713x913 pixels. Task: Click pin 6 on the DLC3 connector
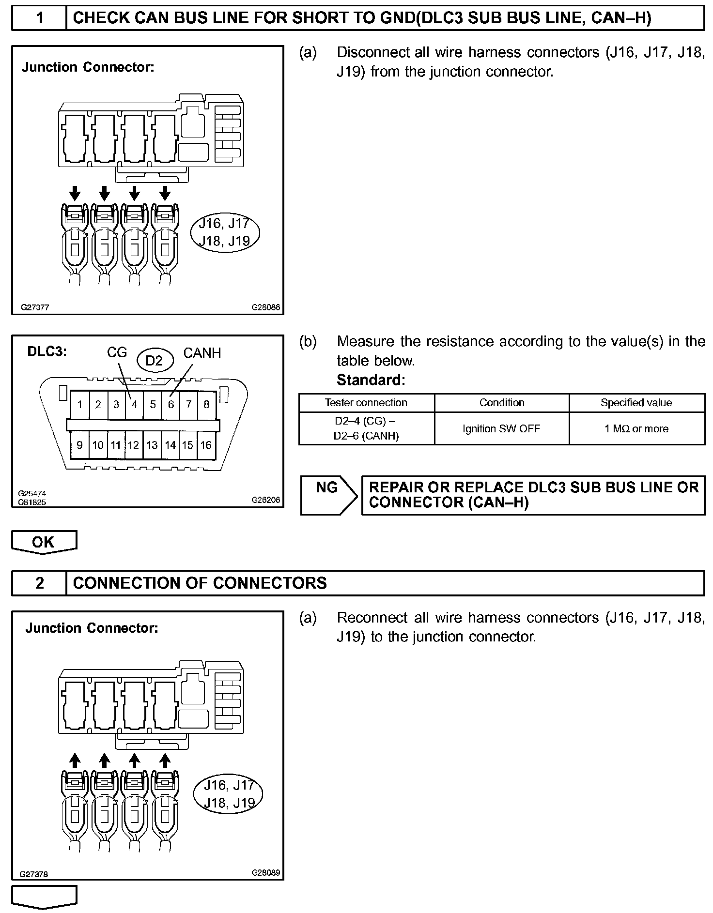[170, 404]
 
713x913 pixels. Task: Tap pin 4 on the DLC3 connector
[134, 404]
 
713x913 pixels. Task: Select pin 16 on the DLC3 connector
[206, 445]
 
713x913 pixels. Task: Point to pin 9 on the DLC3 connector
[79, 445]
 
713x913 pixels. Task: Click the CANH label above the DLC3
[202, 353]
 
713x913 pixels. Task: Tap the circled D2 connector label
[154, 360]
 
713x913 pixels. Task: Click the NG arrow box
[328, 495]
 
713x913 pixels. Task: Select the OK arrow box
[44, 542]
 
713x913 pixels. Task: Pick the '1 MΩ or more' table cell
[636, 428]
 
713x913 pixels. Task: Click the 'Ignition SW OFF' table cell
[501, 428]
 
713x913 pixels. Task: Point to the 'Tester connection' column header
[366, 403]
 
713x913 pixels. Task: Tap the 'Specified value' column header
[636, 403]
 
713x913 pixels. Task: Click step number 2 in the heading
[40, 583]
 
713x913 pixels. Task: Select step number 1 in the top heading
[40, 18]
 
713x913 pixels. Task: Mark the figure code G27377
[35, 307]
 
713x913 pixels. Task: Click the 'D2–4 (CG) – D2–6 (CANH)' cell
[366, 428]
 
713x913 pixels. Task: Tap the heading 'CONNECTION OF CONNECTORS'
[200, 583]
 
